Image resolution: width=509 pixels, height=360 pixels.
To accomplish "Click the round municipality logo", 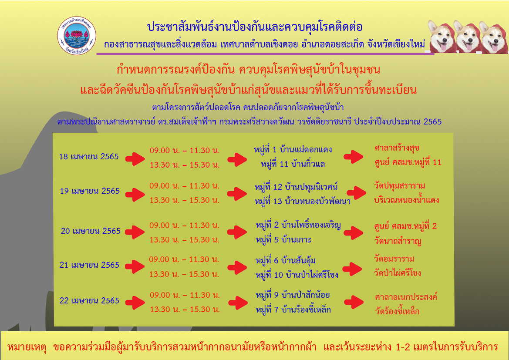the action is pos(77,35).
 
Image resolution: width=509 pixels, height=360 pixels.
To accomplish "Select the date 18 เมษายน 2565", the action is pos(89,156).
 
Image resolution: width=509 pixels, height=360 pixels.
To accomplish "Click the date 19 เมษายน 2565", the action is pos(90,191).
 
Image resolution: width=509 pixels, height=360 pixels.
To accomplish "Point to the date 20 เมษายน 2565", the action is pos(91,231).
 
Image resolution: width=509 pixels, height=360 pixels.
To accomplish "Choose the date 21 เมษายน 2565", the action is pos(89,265).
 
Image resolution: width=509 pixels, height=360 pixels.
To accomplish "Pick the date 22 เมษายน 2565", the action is pos(89,301).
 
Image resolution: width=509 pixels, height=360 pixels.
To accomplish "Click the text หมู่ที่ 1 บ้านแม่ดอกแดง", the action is pos(293,149).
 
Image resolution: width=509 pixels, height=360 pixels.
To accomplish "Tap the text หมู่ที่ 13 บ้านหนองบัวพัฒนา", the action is pos(302,201).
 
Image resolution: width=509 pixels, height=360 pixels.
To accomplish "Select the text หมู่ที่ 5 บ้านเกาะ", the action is pos(283,240).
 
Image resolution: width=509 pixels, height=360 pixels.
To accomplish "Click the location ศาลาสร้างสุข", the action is pos(397,148).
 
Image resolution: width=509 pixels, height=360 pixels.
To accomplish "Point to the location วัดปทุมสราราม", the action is pos(399,186).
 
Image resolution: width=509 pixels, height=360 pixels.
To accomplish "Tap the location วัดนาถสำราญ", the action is pos(398,241).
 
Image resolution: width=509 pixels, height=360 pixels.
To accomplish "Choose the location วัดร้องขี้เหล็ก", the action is pos(397,311).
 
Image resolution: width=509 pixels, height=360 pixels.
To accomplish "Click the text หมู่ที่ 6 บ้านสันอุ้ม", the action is pos(285,260).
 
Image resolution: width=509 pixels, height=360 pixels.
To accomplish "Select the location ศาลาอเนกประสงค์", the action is pos(406,297).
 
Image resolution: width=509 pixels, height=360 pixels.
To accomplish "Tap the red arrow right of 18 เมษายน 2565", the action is pos(135,159).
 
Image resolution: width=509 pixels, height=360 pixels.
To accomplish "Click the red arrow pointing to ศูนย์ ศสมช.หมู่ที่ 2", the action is pos(354,232).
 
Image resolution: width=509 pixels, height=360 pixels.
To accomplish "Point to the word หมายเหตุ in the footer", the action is pos(27,347).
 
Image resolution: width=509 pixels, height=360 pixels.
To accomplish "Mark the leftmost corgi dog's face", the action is pos(442,37).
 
